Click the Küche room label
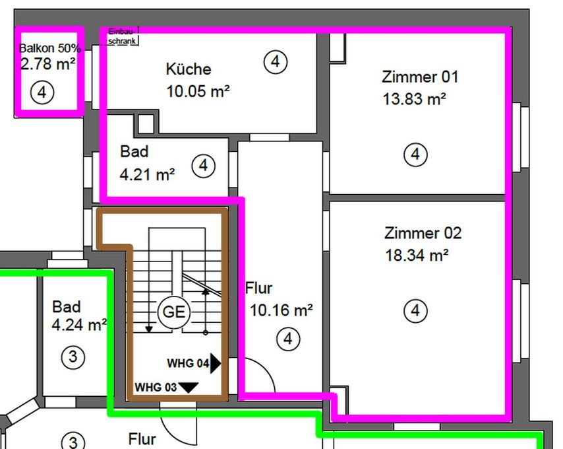tap(189, 69)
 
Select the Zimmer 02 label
tap(423, 233)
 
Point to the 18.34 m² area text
tap(417, 256)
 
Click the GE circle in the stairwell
tap(174, 312)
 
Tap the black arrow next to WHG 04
tap(216, 363)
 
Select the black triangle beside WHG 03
tap(189, 388)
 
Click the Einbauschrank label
tap(123, 37)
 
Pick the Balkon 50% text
tap(50, 49)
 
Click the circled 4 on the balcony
tap(42, 92)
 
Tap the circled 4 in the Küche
tap(276, 62)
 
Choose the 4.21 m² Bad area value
tap(147, 175)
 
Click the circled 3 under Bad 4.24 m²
tap(73, 357)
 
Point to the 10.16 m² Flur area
tap(281, 310)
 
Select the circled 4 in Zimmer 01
tap(415, 155)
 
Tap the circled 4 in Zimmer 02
tap(415, 310)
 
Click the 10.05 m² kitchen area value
tap(198, 92)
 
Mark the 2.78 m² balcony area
tap(47, 64)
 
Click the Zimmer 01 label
tap(419, 77)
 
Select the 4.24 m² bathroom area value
tap(79, 325)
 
